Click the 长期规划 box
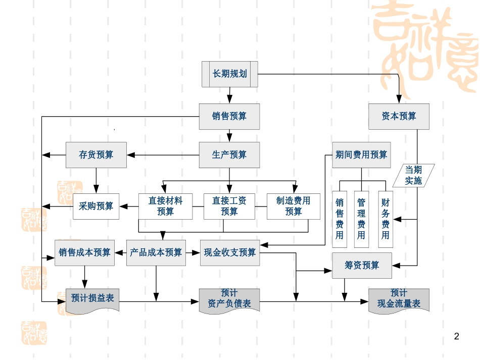[230, 74]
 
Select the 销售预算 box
[229, 117]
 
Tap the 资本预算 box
[399, 117]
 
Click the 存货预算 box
[96, 155]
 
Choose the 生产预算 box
[229, 155]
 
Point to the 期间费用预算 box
[361, 155]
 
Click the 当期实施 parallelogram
[413, 175]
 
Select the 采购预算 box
[96, 206]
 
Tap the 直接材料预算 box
[165, 206]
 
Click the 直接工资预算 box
[229, 206]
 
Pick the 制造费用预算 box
[294, 206]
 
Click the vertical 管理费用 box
[361, 219]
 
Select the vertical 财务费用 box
[386, 219]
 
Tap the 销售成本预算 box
[84, 252]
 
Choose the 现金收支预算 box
[230, 252]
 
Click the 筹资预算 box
[362, 265]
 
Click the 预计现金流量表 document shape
[399, 299]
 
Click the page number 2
[457, 336]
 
